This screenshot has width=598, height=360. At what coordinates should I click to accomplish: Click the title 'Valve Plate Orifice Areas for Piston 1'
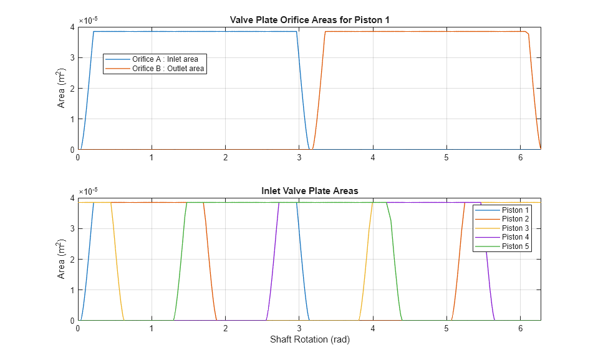pyautogui.click(x=309, y=20)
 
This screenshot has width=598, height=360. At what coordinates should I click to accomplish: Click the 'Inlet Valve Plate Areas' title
pyautogui.click(x=309, y=191)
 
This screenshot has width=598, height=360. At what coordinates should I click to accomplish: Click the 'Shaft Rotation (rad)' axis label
pyautogui.click(x=309, y=340)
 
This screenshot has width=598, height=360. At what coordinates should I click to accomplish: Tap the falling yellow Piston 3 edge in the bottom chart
pyautogui.click(x=117, y=262)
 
